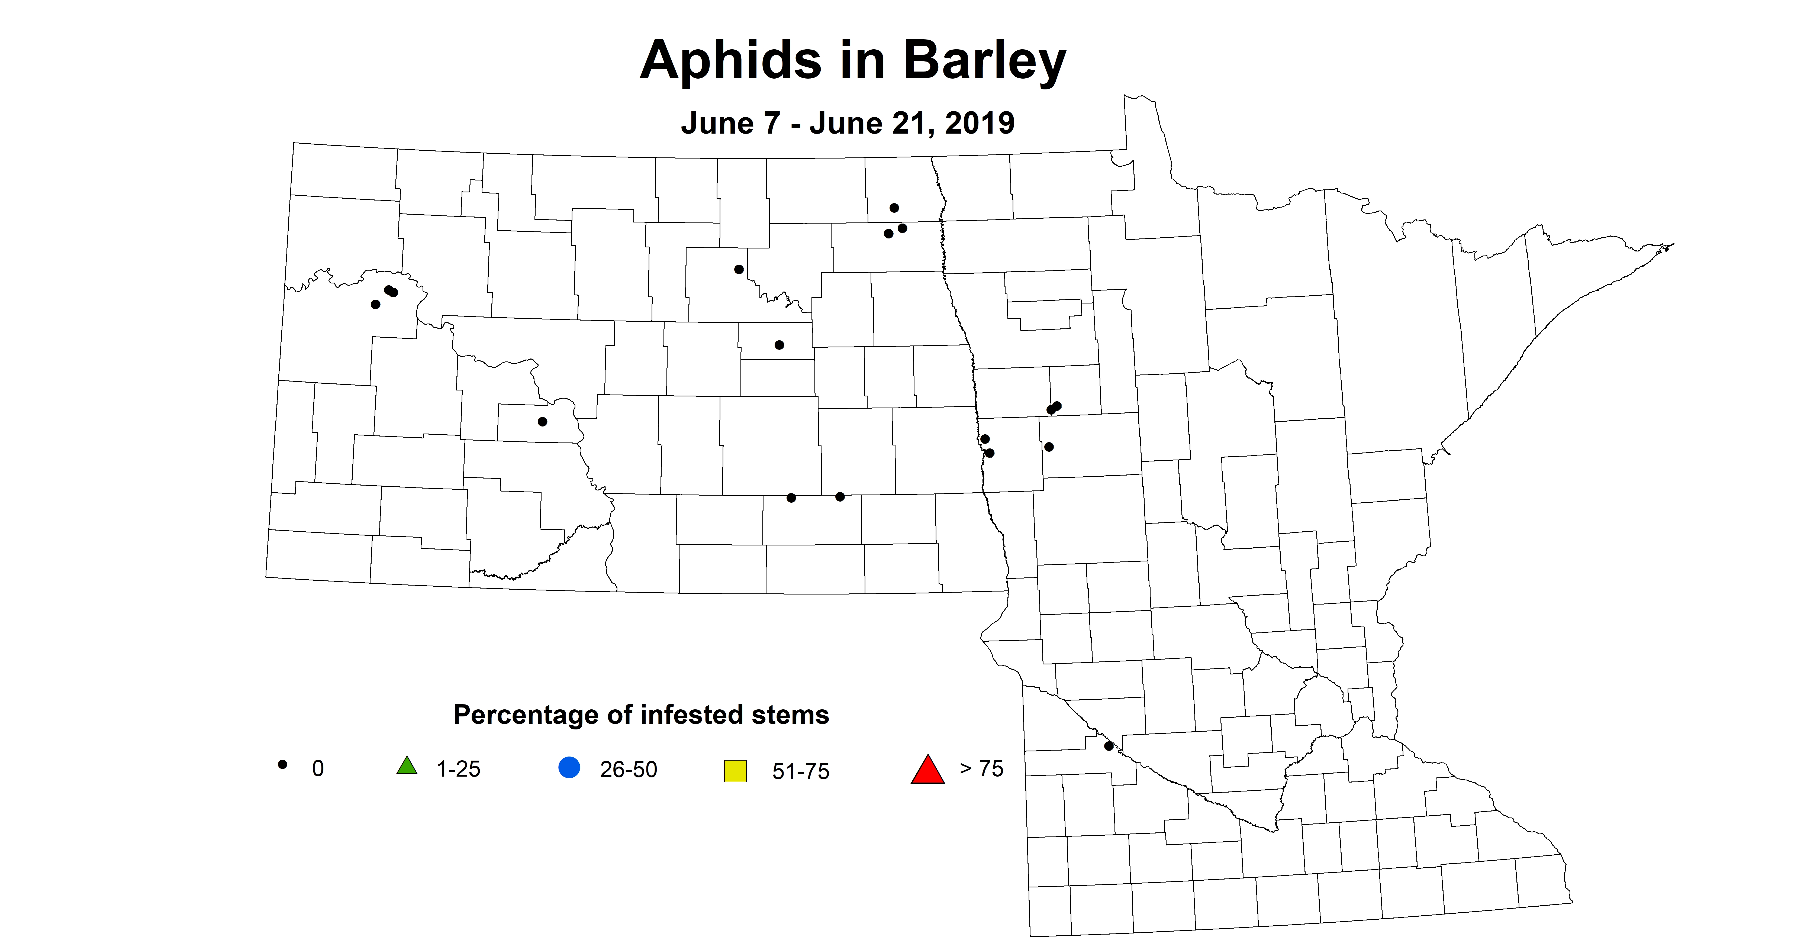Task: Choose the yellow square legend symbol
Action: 735,771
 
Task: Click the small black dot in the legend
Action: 283,764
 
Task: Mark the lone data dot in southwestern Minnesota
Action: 1109,746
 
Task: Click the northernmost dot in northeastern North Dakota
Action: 894,208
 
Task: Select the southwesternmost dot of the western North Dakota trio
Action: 375,305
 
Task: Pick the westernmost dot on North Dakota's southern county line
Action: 791,498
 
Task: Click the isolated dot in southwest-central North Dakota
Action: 542,421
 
